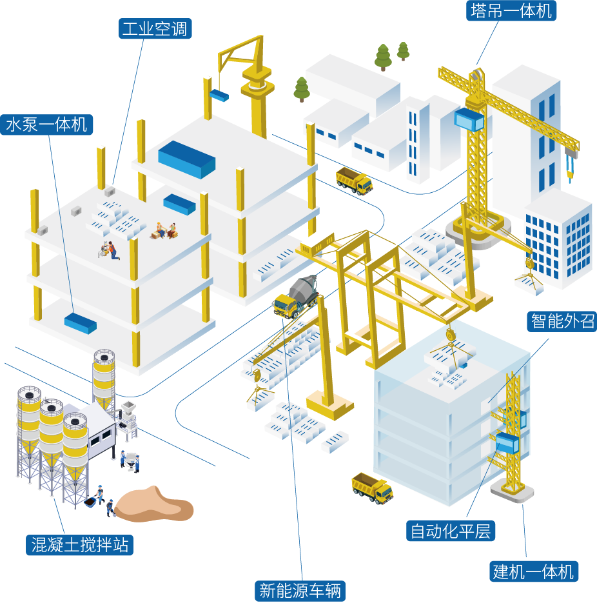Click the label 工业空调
[x=155, y=29]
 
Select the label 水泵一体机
[x=46, y=124]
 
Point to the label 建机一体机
[x=533, y=571]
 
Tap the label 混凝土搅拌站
[x=80, y=545]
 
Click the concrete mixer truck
[x=296, y=297]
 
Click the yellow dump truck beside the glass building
[x=372, y=488]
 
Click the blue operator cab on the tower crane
[x=469, y=119]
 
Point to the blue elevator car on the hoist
[x=509, y=444]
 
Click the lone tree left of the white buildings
[x=301, y=89]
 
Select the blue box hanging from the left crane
[x=219, y=95]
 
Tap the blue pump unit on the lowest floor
[x=80, y=322]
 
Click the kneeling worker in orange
[x=112, y=250]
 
